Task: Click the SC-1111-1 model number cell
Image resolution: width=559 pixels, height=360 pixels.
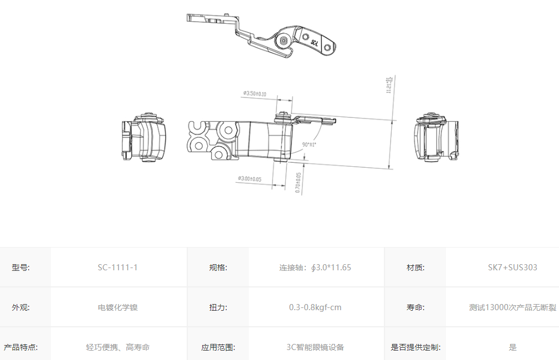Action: tap(117, 268)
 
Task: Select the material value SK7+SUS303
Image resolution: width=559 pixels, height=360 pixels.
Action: tap(512, 268)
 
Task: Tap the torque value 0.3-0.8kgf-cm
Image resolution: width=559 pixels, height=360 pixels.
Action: tap(315, 307)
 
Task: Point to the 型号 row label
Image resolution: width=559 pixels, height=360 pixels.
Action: tap(20, 268)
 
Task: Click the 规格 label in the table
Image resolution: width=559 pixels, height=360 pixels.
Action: tap(218, 268)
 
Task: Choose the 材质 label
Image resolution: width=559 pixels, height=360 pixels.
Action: tap(415, 268)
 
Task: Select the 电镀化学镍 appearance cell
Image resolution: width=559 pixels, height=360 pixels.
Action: tap(117, 307)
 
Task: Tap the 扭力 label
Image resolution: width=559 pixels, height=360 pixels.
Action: tap(218, 307)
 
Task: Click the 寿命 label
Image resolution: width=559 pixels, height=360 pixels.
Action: tap(415, 307)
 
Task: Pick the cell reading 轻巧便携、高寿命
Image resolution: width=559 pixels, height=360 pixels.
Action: tap(117, 347)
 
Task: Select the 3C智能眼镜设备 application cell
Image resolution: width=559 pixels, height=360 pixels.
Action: tap(315, 347)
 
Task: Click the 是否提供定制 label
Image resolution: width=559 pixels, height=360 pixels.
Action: tap(415, 347)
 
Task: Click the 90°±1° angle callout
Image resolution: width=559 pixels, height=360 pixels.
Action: tap(309, 145)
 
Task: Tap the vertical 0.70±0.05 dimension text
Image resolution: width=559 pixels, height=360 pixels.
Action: tap(298, 183)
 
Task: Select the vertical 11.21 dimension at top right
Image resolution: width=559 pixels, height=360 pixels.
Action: tap(389, 85)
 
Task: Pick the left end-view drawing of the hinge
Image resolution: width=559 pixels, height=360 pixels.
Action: tap(143, 137)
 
